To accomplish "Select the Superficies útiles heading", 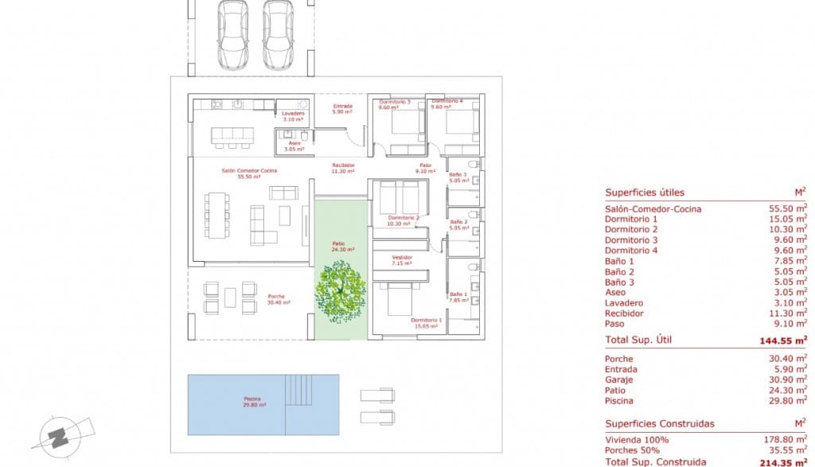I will (644, 193).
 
